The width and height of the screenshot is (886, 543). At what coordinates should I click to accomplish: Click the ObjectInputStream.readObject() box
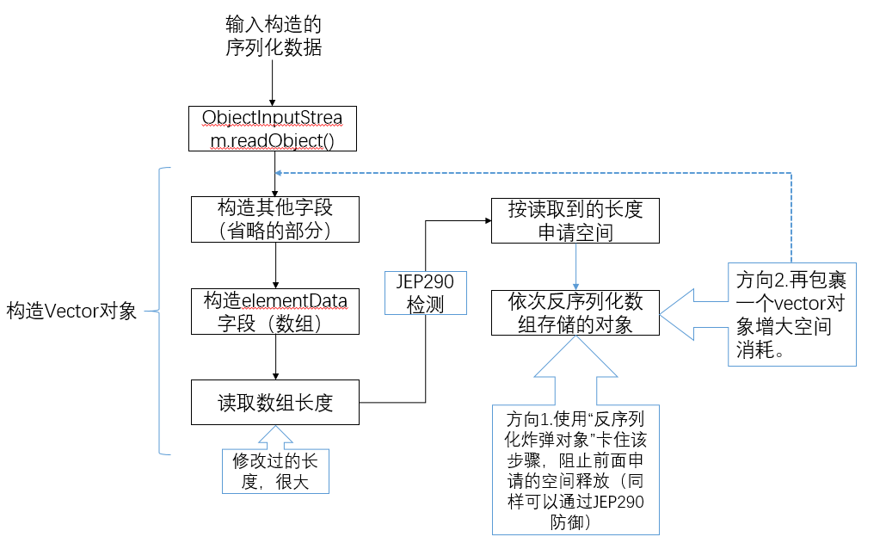tap(272, 129)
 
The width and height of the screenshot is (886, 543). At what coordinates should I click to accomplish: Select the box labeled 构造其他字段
tap(274, 219)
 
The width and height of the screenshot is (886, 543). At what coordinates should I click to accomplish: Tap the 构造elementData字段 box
tap(274, 312)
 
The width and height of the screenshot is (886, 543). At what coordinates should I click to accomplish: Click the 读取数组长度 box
tap(274, 402)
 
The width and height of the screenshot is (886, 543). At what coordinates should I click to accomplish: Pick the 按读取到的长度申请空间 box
tap(575, 220)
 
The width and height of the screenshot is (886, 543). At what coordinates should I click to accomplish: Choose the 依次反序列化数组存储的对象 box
tap(575, 312)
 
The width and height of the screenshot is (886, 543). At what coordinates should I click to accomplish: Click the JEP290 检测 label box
tap(425, 293)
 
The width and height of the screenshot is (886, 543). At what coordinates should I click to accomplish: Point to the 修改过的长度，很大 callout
tap(275, 471)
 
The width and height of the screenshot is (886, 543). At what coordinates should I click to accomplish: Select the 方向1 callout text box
tap(575, 469)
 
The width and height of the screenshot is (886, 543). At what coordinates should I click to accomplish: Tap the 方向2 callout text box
tap(791, 315)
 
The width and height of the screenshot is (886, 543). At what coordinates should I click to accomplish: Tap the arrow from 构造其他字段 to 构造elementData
tap(274, 265)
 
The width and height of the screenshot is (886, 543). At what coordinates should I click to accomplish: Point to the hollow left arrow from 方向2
tap(692, 312)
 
